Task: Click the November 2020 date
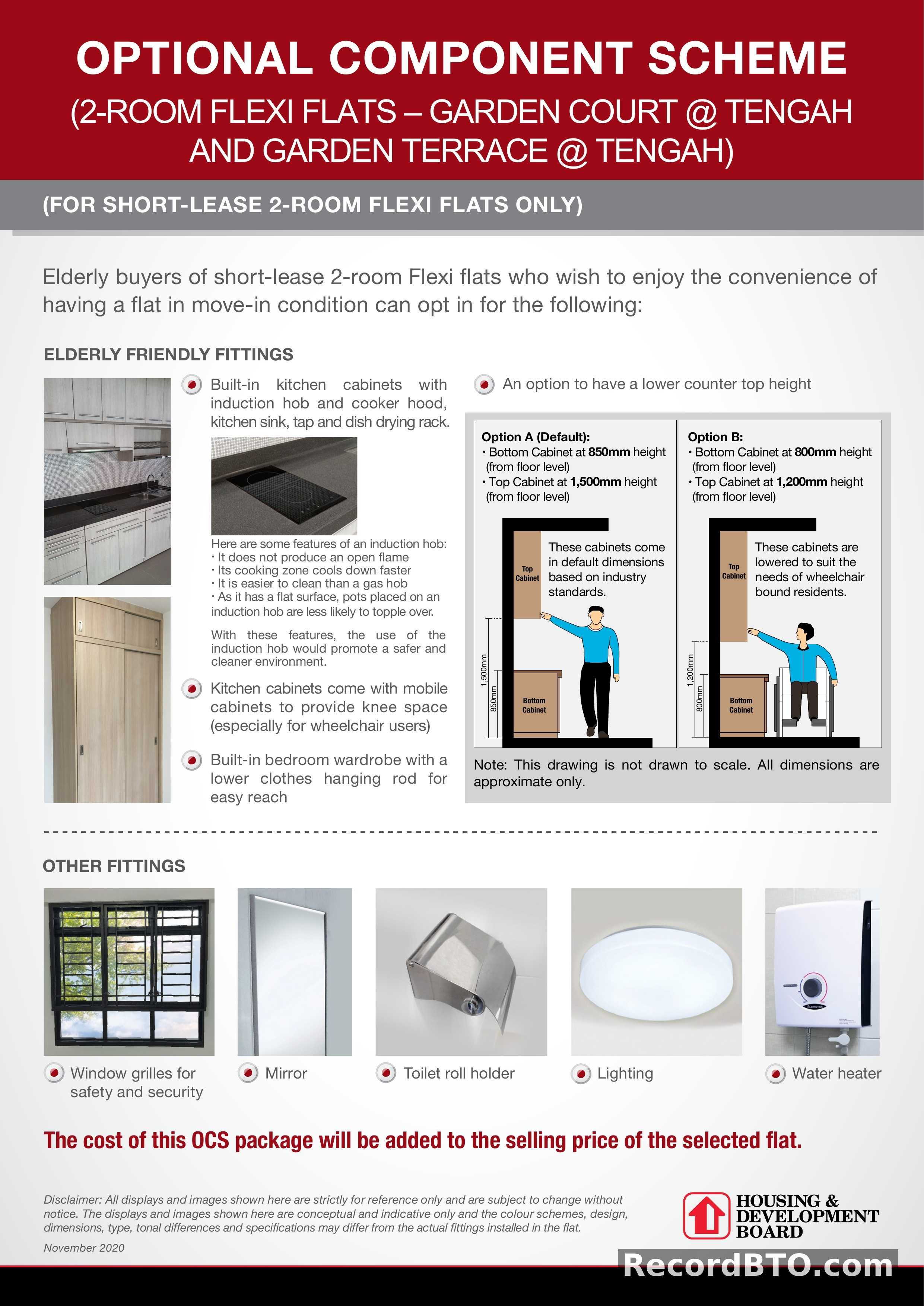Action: coord(84,1248)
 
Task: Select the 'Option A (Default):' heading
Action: coord(536,437)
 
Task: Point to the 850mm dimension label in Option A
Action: coord(494,698)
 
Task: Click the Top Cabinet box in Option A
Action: coord(527,573)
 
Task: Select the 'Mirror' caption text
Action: coord(286,1073)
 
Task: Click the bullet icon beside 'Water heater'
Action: coord(775,1074)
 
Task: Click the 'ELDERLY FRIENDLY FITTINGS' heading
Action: coord(168,354)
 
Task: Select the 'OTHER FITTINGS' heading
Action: coord(114,866)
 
